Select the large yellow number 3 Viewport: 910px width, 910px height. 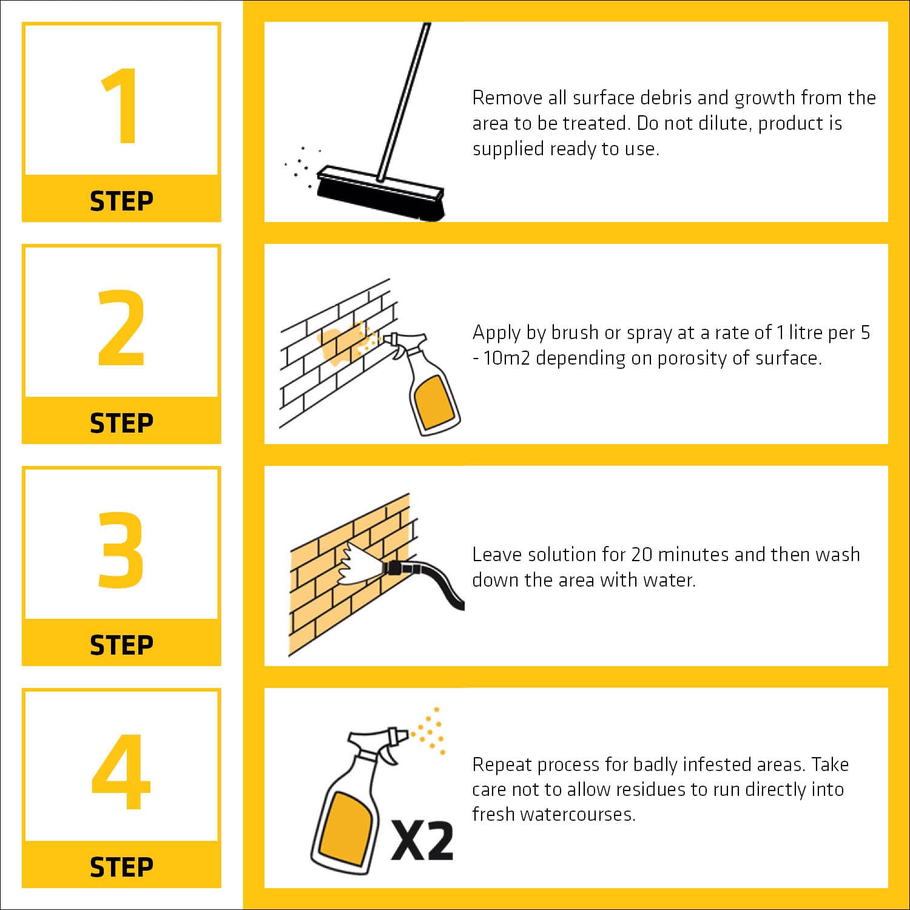pyautogui.click(x=121, y=550)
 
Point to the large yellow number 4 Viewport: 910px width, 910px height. pyautogui.click(x=121, y=772)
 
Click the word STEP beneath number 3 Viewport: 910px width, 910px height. pyautogui.click(x=121, y=645)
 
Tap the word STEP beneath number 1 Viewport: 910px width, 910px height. pyautogui.click(x=121, y=201)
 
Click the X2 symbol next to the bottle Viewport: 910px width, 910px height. pyautogui.click(x=422, y=840)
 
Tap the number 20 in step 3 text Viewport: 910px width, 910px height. pyautogui.click(x=641, y=554)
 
